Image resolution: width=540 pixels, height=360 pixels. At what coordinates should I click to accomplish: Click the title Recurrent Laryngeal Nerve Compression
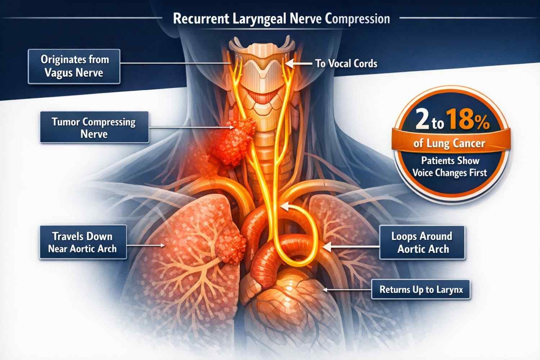click(281, 19)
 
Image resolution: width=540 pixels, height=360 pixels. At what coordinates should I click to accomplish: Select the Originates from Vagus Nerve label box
click(74, 67)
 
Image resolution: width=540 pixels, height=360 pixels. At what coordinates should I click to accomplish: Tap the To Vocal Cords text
click(346, 64)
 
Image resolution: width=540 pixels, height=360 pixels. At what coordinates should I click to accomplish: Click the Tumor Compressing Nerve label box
click(94, 127)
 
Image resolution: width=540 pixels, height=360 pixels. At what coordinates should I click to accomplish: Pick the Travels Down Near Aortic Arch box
click(83, 242)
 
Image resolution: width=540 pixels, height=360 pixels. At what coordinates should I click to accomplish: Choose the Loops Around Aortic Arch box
click(422, 243)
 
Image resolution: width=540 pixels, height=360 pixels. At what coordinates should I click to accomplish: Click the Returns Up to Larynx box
click(421, 289)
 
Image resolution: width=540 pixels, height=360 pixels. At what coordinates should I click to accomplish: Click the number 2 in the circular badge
click(422, 120)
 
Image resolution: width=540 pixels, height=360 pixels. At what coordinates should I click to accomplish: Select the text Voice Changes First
click(450, 173)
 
